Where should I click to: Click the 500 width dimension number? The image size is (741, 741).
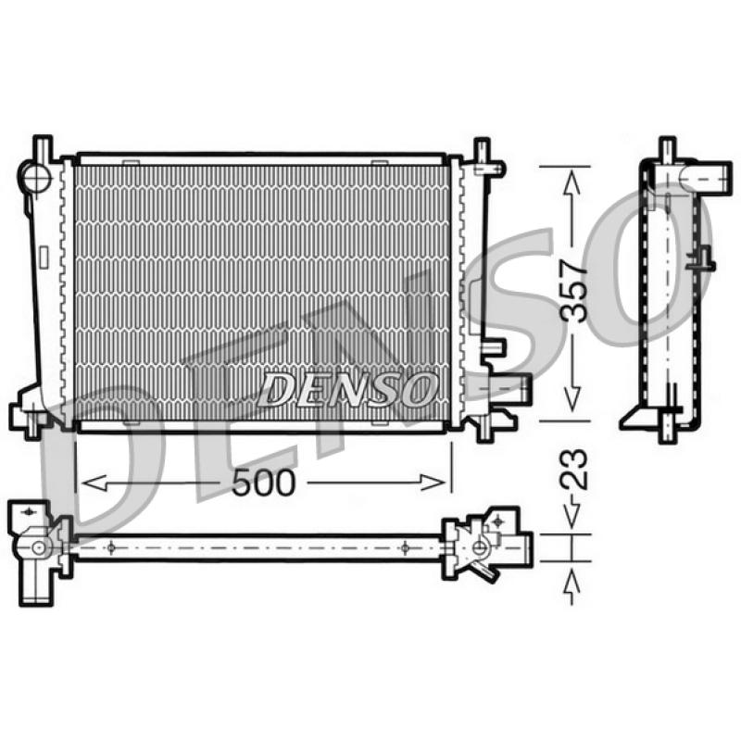[263, 483]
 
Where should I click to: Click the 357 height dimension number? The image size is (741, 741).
[573, 291]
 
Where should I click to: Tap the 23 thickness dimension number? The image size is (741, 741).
[573, 470]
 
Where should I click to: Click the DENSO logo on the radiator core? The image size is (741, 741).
[347, 389]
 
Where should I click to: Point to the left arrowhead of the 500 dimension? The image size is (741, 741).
[94, 483]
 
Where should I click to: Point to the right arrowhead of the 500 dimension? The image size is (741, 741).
[433, 483]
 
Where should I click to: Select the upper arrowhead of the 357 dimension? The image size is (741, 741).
[572, 183]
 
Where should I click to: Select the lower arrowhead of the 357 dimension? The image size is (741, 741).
[572, 397]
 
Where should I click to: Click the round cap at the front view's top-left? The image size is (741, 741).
[34, 177]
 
